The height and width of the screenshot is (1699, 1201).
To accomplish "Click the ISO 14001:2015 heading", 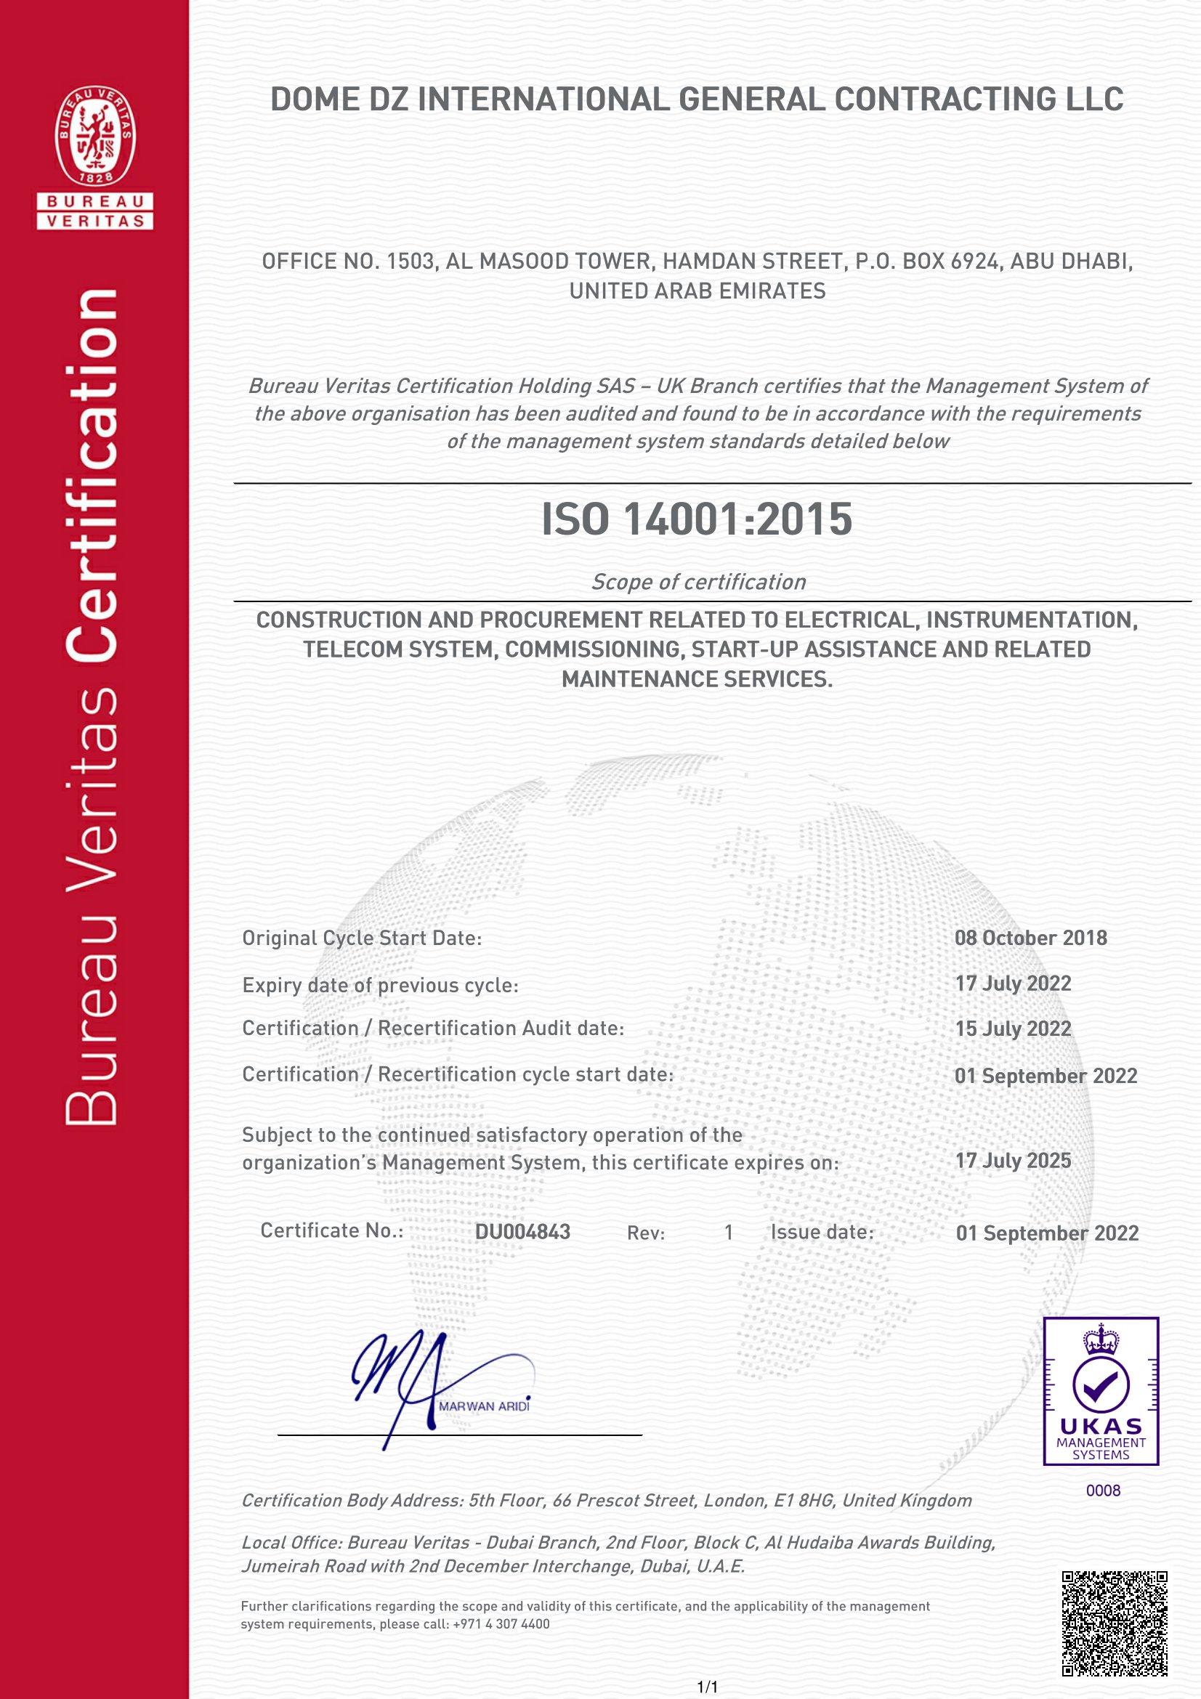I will tap(696, 519).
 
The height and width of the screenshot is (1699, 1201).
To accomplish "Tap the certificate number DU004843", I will tap(522, 1232).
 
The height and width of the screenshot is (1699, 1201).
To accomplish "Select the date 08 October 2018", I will tap(1031, 938).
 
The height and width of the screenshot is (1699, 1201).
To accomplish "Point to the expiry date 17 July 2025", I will tap(1013, 1161).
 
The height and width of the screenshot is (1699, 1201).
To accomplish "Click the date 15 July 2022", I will tap(1013, 1029).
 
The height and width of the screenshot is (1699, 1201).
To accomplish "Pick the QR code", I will tap(1115, 1623).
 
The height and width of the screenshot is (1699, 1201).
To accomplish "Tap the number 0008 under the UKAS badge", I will tap(1103, 1491).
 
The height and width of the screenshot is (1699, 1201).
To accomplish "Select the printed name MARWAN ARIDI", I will tap(485, 1406).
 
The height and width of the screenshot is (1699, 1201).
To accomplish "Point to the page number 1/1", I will tap(708, 1687).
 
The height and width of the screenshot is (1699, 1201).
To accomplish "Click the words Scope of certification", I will tap(697, 583).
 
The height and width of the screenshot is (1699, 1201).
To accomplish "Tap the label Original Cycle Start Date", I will tap(362, 938).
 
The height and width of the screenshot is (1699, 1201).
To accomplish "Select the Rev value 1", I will tap(729, 1232).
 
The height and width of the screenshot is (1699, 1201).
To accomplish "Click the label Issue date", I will tap(822, 1232).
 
